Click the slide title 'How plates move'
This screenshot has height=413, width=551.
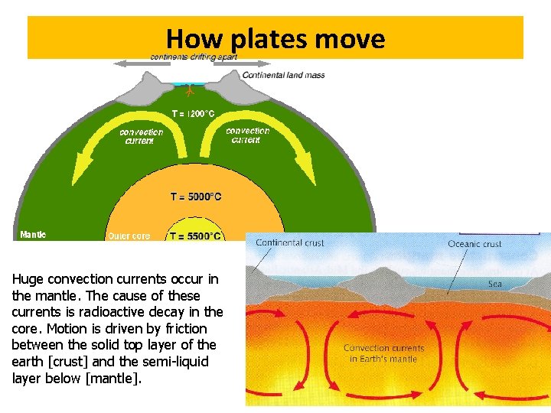click(275, 38)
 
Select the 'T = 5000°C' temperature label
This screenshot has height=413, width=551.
click(196, 197)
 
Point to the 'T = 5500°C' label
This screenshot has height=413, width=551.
click(195, 236)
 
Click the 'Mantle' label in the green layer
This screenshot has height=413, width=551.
click(33, 235)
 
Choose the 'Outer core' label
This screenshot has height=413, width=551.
click(129, 236)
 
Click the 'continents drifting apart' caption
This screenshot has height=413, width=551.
click(194, 57)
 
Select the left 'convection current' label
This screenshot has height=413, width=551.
click(141, 136)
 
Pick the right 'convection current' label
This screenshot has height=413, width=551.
click(247, 135)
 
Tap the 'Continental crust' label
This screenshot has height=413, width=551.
click(290, 243)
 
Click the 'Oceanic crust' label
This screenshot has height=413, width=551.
click(474, 244)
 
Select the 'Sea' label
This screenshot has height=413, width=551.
click(496, 284)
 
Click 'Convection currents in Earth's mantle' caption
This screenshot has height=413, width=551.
click(383, 353)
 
